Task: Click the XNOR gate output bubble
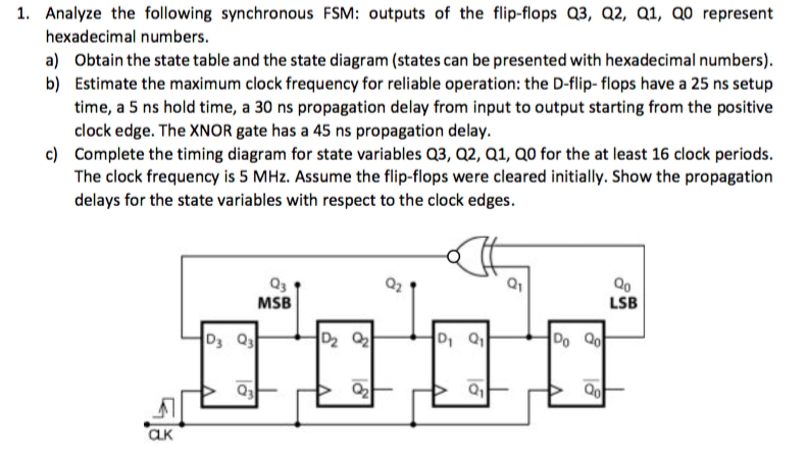click(453, 257)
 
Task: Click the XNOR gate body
click(474, 257)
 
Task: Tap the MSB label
click(274, 303)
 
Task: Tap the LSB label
click(623, 303)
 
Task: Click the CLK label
click(160, 435)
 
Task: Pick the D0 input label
click(561, 339)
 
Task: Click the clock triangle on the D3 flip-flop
click(208, 391)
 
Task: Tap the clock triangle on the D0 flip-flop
click(556, 390)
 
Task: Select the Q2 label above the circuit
click(393, 284)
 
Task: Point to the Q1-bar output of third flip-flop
click(476, 390)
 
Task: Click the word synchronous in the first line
click(267, 13)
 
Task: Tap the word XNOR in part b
click(210, 131)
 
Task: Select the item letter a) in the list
click(52, 61)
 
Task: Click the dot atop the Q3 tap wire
click(298, 284)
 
